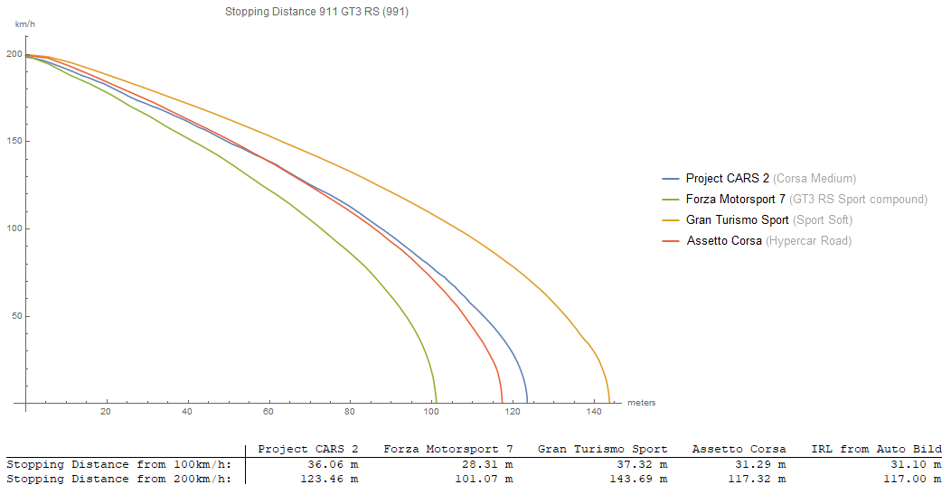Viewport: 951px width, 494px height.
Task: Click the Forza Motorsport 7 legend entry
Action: pos(736,200)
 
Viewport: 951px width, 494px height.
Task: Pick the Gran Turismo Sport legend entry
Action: pos(738,220)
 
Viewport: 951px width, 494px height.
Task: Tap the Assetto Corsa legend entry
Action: pos(725,241)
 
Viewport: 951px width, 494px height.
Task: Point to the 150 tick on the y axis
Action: pos(14,141)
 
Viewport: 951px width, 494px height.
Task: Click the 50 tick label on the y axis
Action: pos(16,316)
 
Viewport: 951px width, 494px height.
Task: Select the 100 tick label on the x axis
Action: pos(431,413)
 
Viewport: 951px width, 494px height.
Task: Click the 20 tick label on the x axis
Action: pos(107,413)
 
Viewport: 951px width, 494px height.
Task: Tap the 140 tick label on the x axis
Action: pos(594,413)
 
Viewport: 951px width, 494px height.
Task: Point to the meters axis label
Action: pos(641,403)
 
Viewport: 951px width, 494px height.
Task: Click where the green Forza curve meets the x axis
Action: pos(436,403)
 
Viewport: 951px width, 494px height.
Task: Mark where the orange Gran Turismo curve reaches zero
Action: pos(609,403)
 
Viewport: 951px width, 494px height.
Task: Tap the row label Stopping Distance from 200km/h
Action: pos(118,479)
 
